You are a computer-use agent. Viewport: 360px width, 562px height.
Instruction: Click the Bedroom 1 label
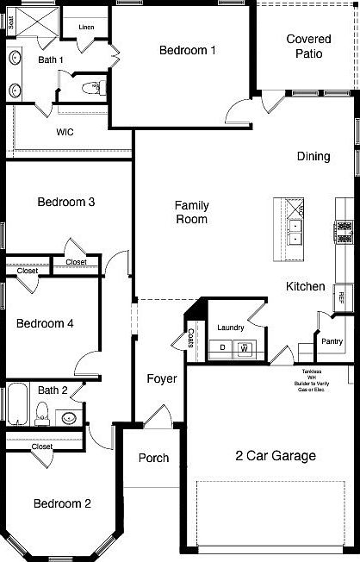tap(187, 50)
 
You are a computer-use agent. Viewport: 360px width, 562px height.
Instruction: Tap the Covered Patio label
tap(308, 47)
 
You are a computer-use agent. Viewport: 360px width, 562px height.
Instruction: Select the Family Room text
tap(190, 212)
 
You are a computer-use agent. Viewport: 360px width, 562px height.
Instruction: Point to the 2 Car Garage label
tap(276, 456)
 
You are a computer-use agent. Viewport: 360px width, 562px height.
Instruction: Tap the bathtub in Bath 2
tap(18, 405)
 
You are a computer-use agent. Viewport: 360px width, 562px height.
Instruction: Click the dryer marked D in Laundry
tap(222, 348)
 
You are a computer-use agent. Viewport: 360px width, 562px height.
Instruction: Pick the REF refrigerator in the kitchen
tap(341, 296)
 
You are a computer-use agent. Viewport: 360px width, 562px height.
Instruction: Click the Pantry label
tap(332, 341)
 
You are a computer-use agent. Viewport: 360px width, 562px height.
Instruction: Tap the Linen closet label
tap(86, 28)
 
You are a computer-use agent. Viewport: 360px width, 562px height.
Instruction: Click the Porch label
tap(153, 458)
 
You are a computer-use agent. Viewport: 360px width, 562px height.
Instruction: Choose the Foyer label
tap(161, 379)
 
